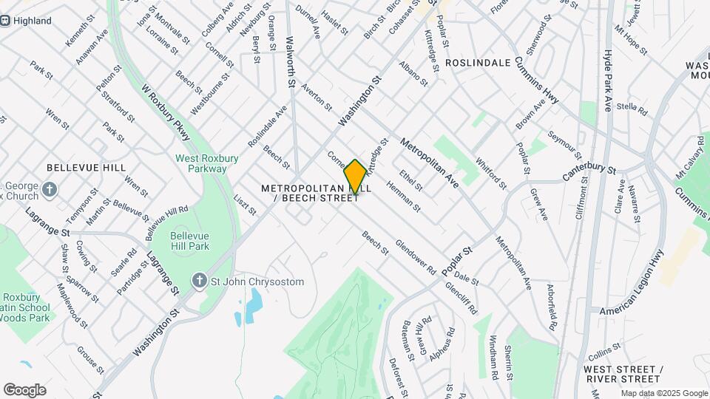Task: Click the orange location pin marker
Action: coord(355,176)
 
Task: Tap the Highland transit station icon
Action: coord(5,21)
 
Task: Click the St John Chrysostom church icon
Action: coord(198,281)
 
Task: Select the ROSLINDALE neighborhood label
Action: coord(479,63)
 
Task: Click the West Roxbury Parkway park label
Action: coord(201,163)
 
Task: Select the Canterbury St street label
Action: coord(589,173)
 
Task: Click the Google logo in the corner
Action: coord(24,389)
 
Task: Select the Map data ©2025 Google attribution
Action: coord(663,393)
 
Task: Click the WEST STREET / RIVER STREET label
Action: coord(621,374)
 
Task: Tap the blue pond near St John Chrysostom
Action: coord(254,301)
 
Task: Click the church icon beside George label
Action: coord(50,190)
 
